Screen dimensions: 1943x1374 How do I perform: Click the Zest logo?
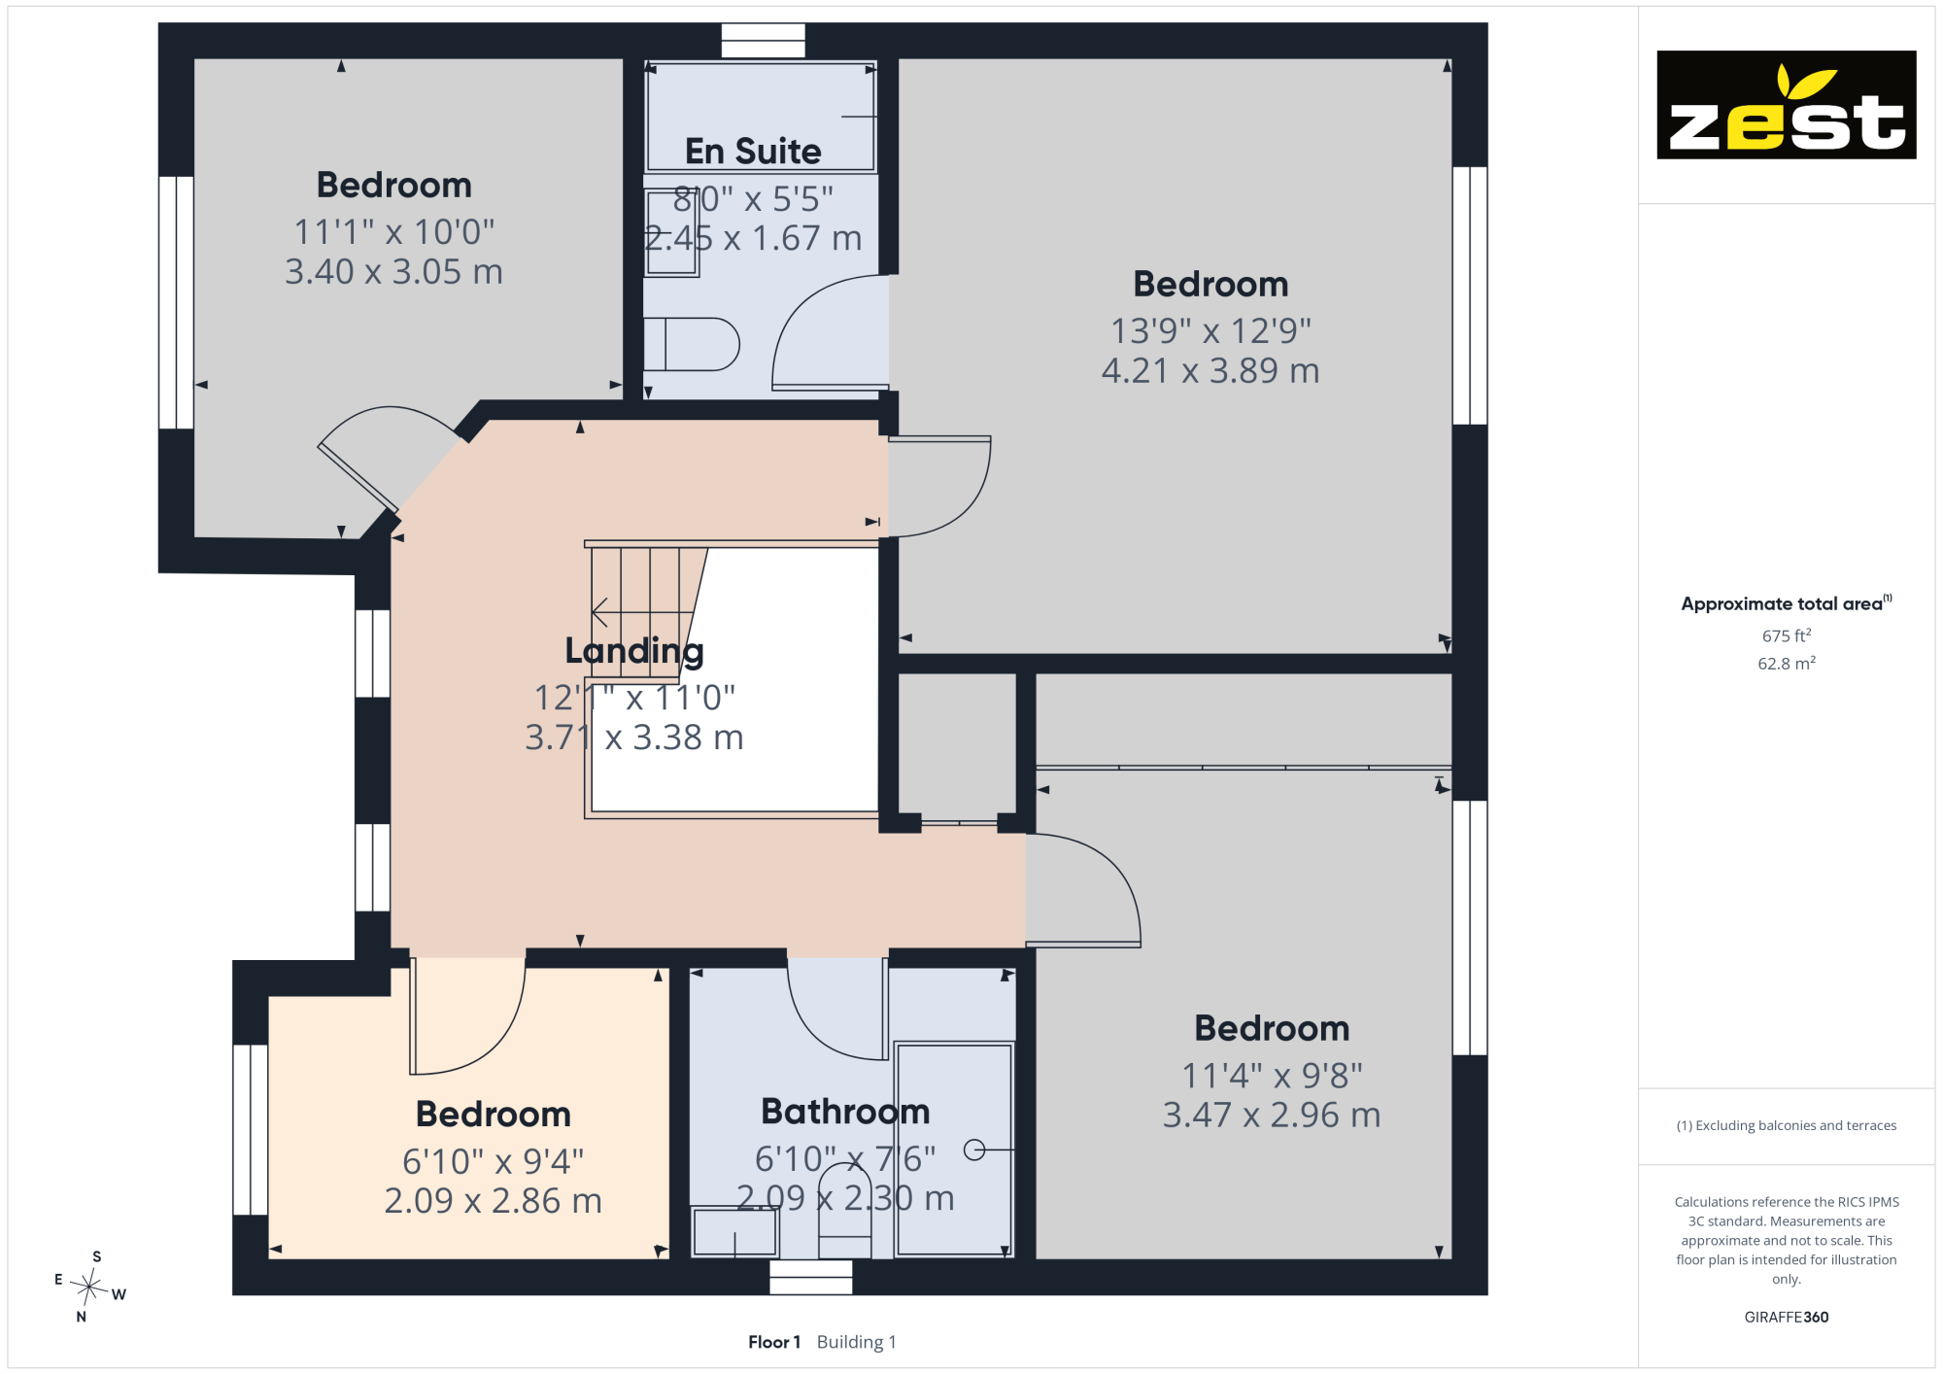[1786, 105]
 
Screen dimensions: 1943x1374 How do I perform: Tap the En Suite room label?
[753, 152]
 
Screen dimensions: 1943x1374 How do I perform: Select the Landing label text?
[634, 651]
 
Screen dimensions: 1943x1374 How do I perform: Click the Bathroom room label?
[845, 1111]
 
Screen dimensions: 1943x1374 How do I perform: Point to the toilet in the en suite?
[691, 344]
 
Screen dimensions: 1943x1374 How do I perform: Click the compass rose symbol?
[89, 1287]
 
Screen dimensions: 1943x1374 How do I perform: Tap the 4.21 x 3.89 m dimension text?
[1210, 370]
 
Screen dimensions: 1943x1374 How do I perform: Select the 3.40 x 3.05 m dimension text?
[393, 271]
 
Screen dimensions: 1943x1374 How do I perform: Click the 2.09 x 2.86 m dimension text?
[493, 1201]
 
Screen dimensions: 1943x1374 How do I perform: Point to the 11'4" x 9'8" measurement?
[1272, 1076]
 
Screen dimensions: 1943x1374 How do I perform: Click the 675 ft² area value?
[1787, 635]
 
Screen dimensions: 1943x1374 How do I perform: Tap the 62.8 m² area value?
[1787, 664]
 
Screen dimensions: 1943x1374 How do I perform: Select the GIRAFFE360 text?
[1786, 1318]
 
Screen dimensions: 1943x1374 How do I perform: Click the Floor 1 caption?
[774, 1342]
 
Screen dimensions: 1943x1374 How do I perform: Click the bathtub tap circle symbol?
[974, 1151]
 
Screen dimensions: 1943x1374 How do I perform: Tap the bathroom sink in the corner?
[734, 1232]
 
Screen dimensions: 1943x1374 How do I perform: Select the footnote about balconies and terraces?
[1786, 1125]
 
